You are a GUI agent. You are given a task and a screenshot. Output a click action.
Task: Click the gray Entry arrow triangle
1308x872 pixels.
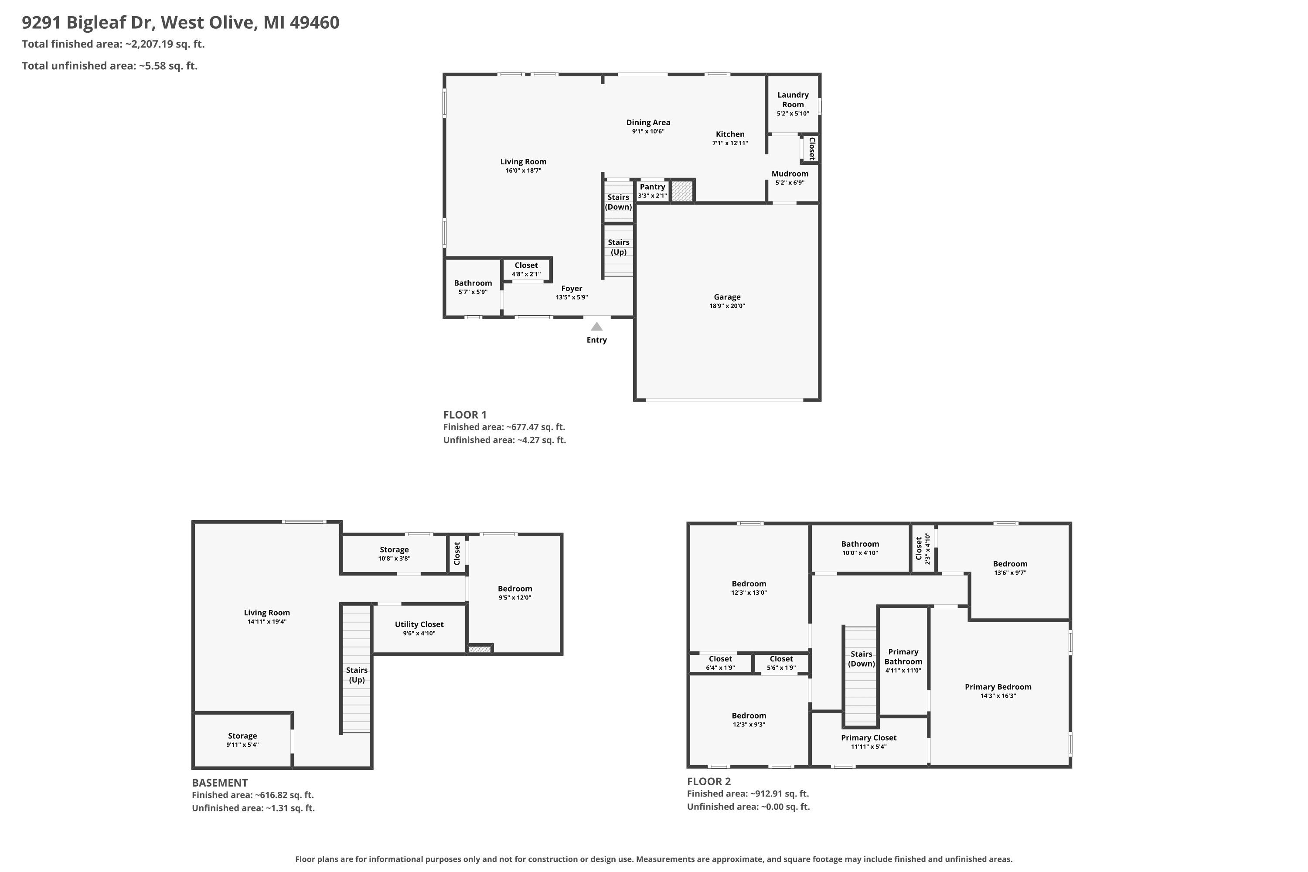coord(597,327)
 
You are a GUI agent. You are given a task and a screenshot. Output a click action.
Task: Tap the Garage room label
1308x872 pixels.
coord(727,297)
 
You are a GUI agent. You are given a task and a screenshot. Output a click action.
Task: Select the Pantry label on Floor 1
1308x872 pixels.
coord(652,187)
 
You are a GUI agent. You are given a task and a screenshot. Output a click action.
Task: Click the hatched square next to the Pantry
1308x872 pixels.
coord(682,191)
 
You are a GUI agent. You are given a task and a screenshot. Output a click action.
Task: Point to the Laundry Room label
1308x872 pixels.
coord(793,99)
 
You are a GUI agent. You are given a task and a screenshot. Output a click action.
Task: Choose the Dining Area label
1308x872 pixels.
coord(648,123)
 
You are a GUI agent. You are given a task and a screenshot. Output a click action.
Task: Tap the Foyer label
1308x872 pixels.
coord(572,288)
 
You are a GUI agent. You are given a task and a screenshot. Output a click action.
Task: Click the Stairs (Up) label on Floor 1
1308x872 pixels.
coord(618,247)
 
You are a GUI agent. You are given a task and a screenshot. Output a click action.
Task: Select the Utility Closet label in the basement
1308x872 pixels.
coord(419,624)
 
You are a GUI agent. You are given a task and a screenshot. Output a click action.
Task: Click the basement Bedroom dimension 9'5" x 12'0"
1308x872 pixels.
coord(515,598)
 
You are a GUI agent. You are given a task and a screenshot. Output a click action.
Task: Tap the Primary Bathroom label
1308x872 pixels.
coord(903,656)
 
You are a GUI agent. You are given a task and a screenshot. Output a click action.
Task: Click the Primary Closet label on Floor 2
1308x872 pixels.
coord(869,737)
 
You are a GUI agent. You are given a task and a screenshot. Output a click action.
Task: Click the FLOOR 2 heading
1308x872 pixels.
coord(709,781)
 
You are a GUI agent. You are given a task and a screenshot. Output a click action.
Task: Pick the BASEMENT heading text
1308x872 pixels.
coord(220,783)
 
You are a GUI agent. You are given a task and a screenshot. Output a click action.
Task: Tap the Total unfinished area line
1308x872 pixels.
coord(109,66)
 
